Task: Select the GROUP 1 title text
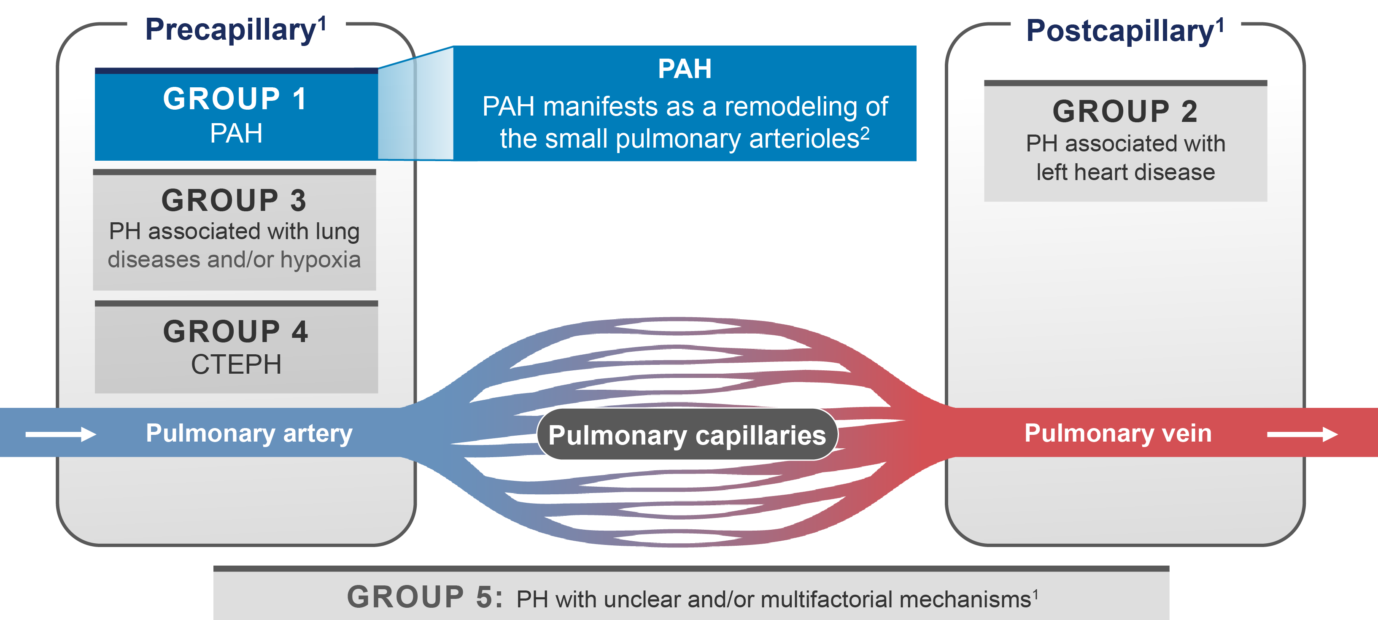pyautogui.click(x=235, y=99)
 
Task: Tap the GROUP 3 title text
pyautogui.click(x=234, y=201)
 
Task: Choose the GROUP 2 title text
pyautogui.click(x=1125, y=111)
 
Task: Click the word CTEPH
pyautogui.click(x=236, y=365)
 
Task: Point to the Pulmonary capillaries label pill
pyautogui.click(x=687, y=435)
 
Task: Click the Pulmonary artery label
pyautogui.click(x=249, y=433)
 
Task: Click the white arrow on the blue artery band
pyautogui.click(x=60, y=434)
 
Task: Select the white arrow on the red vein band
pyautogui.click(x=1302, y=434)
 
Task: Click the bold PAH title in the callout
pyautogui.click(x=685, y=69)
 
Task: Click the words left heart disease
pyautogui.click(x=1125, y=172)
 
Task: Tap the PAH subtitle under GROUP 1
pyautogui.click(x=236, y=133)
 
